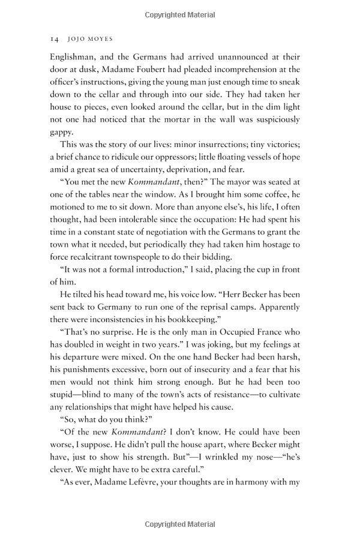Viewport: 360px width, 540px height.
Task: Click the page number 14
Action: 53,38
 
